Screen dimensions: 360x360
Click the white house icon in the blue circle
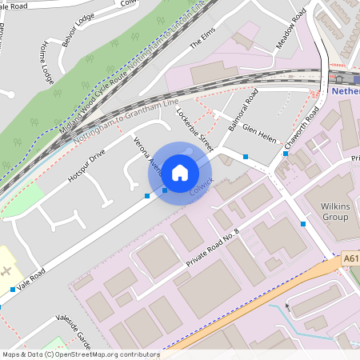point(180,172)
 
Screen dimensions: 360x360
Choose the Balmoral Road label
point(242,113)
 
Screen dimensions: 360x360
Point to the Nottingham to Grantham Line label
point(126,125)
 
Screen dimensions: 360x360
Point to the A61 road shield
point(350,259)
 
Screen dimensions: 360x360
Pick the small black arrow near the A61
point(287,306)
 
